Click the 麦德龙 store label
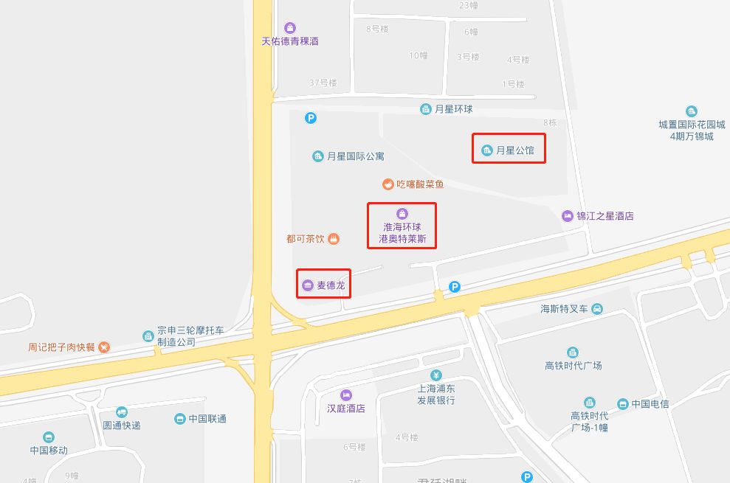click(331, 285)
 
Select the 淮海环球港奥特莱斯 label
click(402, 233)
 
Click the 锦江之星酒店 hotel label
click(605, 216)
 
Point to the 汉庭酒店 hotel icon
click(346, 395)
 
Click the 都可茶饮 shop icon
click(334, 239)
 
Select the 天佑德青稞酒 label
click(290, 41)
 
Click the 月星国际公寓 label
click(355, 156)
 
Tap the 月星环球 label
click(453, 109)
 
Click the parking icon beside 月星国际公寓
click(311, 117)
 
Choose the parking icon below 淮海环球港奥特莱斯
click(455, 287)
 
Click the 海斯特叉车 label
click(564, 309)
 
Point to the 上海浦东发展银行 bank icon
click(435, 375)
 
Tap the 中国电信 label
click(650, 404)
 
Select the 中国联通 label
click(207, 419)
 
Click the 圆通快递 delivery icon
click(122, 412)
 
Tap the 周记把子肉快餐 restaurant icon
click(104, 347)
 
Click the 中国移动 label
click(49, 450)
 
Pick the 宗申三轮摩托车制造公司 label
click(176, 337)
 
